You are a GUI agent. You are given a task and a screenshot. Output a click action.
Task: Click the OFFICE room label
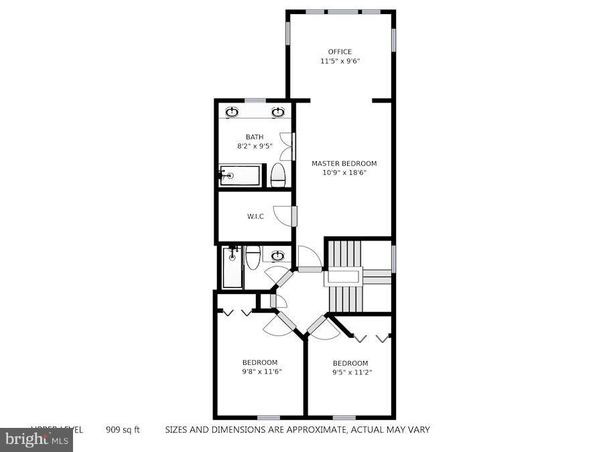340,52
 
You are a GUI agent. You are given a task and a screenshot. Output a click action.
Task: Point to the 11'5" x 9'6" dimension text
340,61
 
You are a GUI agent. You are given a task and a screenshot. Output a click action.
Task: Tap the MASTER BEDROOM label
344,163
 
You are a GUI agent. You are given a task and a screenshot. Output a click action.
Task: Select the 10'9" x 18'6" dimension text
344,173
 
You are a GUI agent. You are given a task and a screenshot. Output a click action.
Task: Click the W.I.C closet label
255,216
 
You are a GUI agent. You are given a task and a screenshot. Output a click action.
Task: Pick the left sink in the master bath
232,112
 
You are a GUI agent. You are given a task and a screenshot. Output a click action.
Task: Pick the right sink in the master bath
278,112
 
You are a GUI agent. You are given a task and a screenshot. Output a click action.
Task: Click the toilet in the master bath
278,175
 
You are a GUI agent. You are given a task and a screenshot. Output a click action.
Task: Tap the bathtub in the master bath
240,175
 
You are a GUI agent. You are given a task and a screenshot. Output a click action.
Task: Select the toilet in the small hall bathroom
253,257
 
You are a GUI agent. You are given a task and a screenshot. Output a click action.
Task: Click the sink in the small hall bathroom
277,255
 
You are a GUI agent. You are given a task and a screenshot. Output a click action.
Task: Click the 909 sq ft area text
123,430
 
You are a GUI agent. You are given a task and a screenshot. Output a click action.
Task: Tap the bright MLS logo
36,440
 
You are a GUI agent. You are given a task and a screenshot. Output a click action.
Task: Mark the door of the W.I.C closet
294,216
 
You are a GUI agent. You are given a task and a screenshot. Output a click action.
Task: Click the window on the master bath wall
255,100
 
